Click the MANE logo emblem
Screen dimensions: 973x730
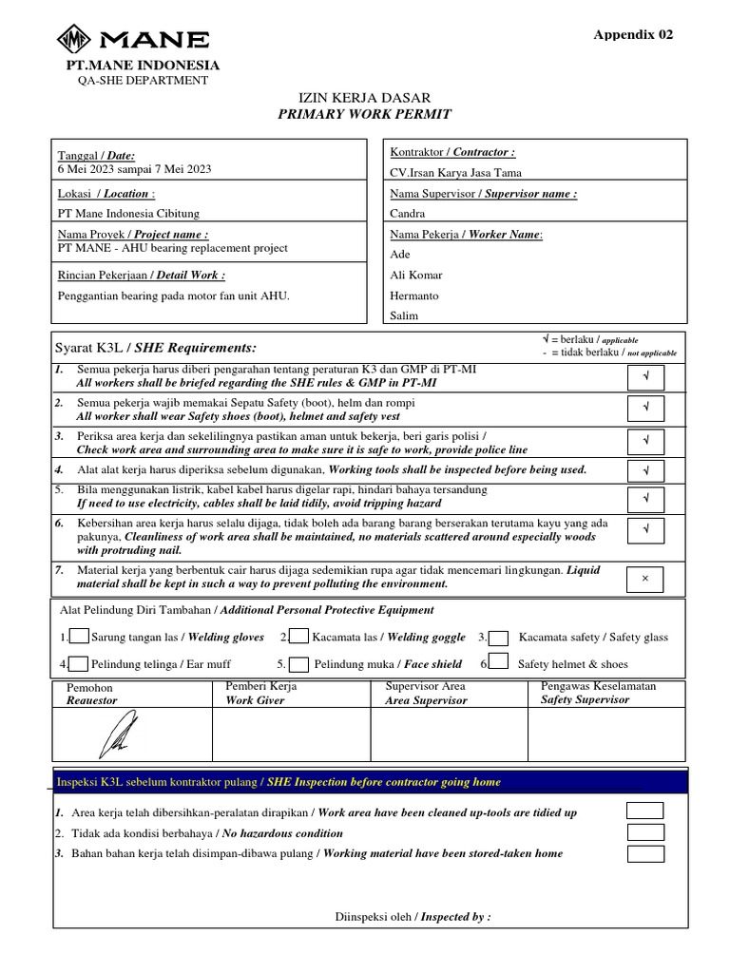point(74,40)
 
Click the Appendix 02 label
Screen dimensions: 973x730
point(633,34)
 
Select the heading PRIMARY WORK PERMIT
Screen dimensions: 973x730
point(365,114)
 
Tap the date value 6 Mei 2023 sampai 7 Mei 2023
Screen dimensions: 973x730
point(135,169)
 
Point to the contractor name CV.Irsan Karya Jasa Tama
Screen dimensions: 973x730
point(455,173)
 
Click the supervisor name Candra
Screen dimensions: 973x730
point(408,214)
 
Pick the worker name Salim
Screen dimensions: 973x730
point(405,316)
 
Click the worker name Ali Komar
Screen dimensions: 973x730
point(416,275)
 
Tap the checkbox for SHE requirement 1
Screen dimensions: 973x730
point(645,377)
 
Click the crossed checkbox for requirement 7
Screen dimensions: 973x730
point(645,579)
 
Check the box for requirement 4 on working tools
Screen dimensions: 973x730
point(645,470)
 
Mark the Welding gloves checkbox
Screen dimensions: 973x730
point(80,637)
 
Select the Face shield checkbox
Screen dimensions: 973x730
point(298,664)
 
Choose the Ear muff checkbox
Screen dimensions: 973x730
point(80,664)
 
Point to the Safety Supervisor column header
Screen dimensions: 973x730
point(585,699)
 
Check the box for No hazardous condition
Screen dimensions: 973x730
point(645,832)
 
